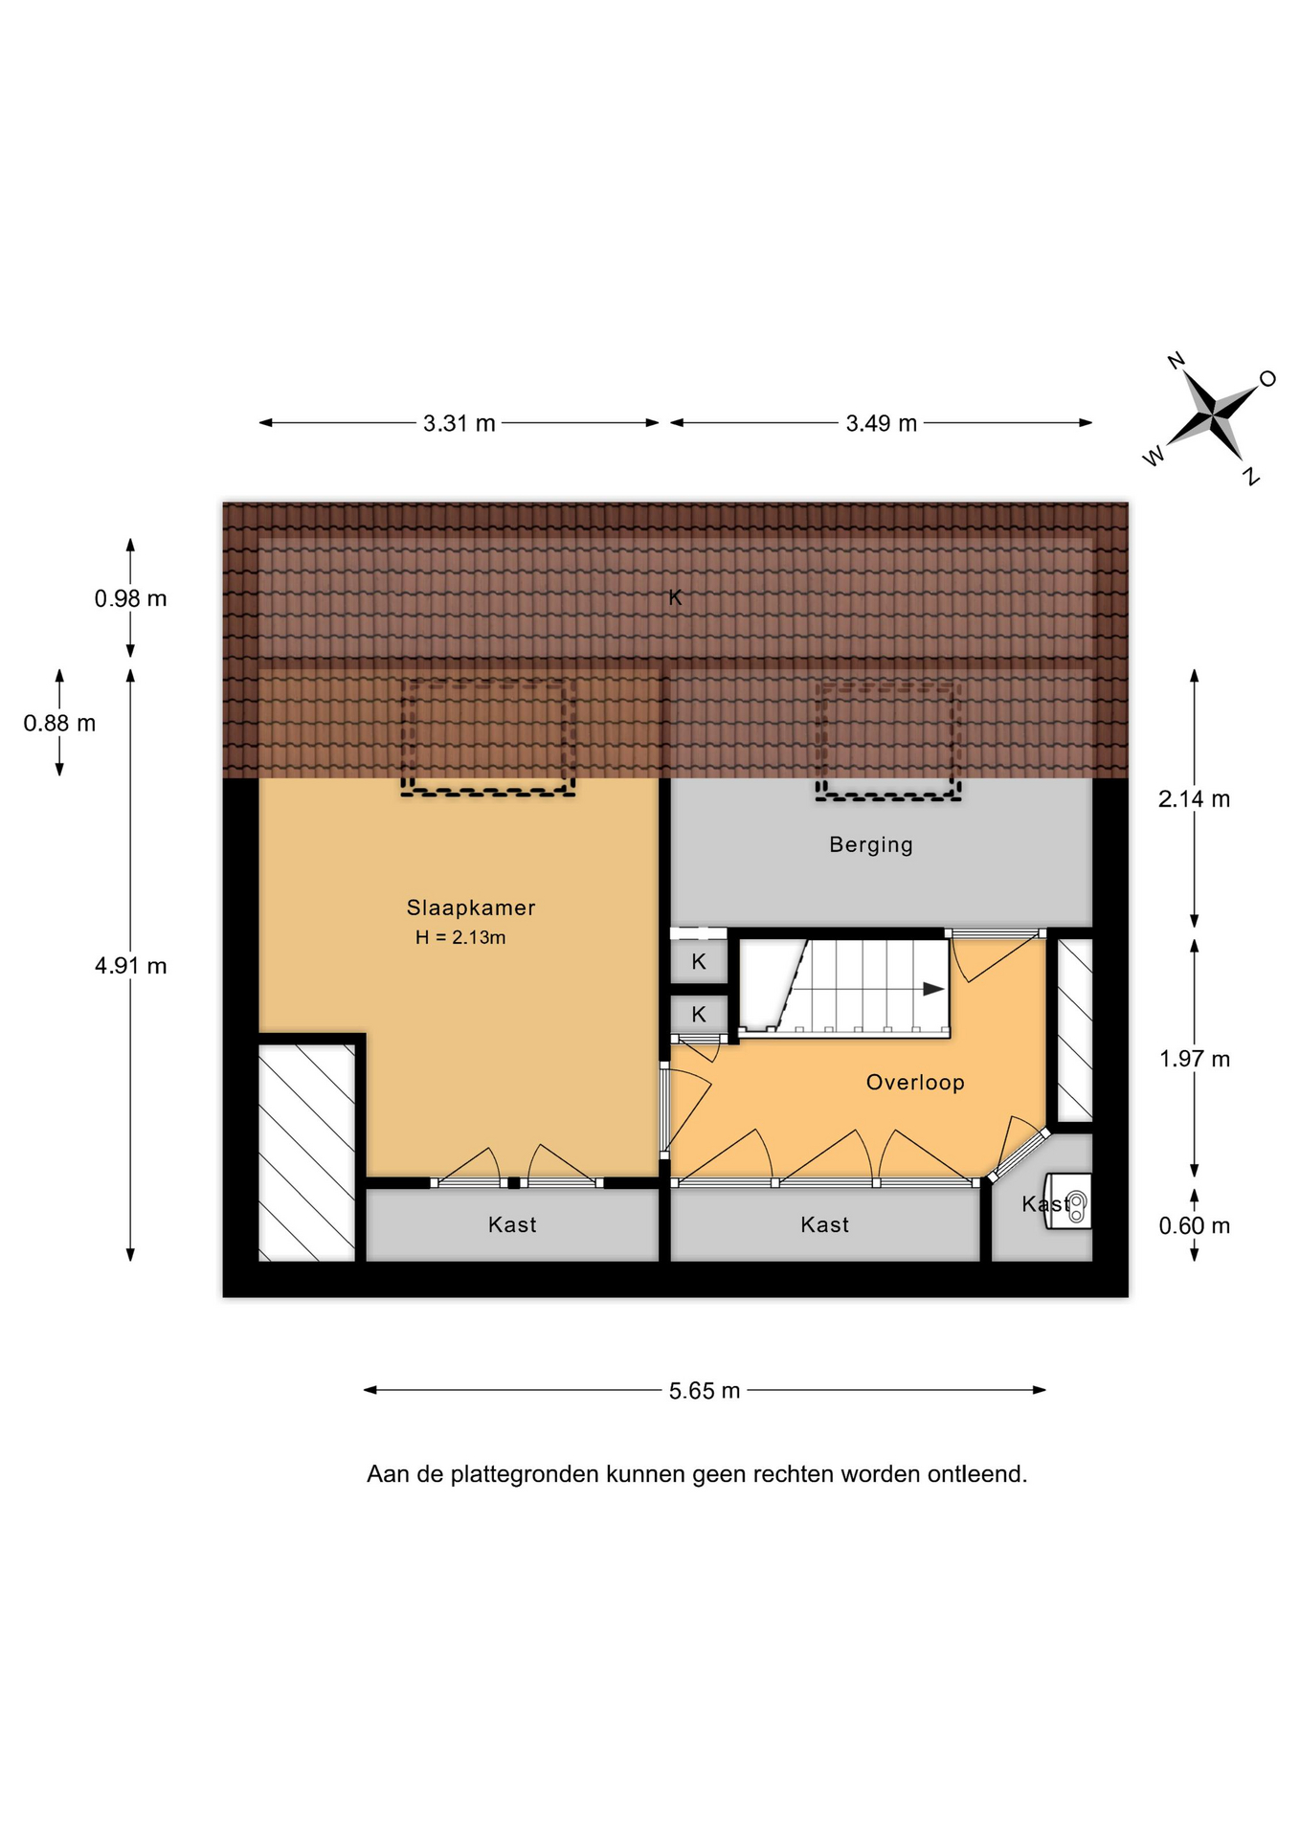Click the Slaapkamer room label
470,908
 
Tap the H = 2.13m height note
460,937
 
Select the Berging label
871,844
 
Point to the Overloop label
915,1082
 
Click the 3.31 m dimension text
459,423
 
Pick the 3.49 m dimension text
882,423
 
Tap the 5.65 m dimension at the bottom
705,1391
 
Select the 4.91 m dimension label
130,966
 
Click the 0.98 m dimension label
130,598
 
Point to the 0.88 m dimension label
59,723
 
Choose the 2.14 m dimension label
1194,798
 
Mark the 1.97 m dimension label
1195,1059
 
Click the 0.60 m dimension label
1195,1225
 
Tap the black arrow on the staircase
933,989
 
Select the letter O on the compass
1267,379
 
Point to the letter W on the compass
1154,456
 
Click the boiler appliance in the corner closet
1069,1201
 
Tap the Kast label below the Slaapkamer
512,1224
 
